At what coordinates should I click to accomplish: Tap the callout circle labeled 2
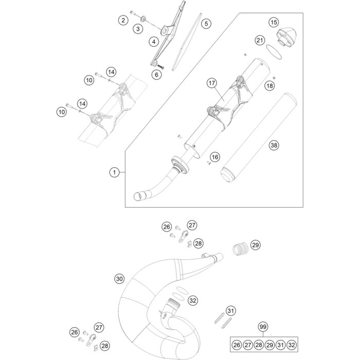click(x=122, y=21)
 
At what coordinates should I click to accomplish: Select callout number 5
click(x=205, y=24)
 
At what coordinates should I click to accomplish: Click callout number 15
click(x=274, y=22)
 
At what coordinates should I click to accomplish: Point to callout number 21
click(x=260, y=40)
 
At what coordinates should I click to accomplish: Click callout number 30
click(x=119, y=279)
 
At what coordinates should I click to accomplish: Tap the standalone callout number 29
click(x=256, y=245)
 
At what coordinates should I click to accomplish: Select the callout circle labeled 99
click(x=263, y=327)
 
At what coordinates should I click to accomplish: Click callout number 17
click(x=211, y=83)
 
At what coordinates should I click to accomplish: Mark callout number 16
click(x=214, y=157)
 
